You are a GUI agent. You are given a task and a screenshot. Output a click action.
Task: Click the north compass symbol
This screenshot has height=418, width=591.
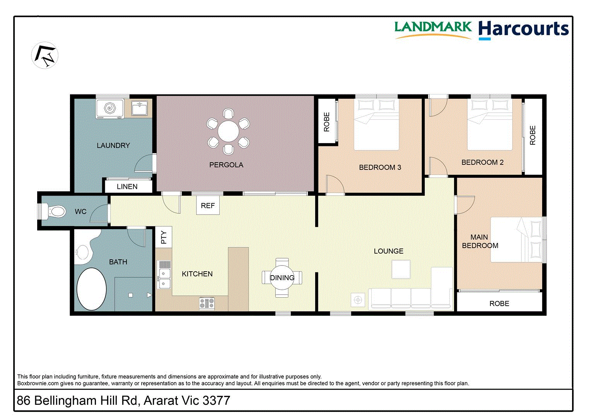[x=45, y=55]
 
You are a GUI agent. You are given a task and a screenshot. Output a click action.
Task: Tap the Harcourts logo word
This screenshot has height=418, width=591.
[x=523, y=29]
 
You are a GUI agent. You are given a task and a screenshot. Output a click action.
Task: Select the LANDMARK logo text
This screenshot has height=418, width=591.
[x=433, y=27]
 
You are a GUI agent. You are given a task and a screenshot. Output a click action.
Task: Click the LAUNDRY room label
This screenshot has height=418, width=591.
[x=113, y=146]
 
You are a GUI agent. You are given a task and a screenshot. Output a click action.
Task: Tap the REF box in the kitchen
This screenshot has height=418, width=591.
[x=208, y=206]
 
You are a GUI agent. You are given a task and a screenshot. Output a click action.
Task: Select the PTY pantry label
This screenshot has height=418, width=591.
[x=164, y=237]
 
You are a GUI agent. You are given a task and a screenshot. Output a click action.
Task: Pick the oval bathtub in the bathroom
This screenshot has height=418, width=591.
[x=91, y=289]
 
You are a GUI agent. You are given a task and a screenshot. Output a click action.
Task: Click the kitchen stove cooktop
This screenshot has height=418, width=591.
[x=207, y=303]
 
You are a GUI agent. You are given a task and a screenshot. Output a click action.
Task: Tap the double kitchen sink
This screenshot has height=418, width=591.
[x=164, y=279]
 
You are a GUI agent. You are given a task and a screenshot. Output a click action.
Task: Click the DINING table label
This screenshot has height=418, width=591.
[x=282, y=278]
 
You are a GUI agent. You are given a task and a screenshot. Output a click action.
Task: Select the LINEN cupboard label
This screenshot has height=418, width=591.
[x=127, y=187]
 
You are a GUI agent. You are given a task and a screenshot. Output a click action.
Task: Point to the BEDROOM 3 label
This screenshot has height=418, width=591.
[x=380, y=168]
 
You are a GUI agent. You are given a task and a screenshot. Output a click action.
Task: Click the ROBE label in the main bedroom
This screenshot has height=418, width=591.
[x=499, y=303]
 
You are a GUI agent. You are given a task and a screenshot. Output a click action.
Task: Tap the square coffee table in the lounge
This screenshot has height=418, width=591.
[x=401, y=269]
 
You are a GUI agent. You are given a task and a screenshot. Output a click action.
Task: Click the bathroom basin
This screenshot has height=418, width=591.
[x=82, y=253]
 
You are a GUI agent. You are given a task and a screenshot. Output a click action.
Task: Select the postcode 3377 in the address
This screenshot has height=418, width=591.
[x=216, y=401]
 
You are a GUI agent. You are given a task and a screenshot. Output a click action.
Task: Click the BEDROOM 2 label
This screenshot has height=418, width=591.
[x=482, y=163]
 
